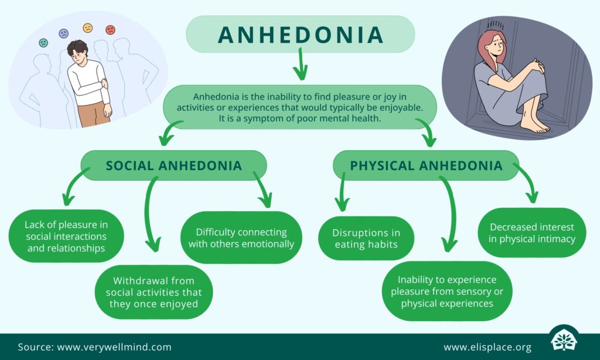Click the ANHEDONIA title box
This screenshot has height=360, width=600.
coord(300,34)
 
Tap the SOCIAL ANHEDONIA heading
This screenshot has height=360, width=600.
coord(173,165)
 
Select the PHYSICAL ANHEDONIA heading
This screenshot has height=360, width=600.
coord(426,165)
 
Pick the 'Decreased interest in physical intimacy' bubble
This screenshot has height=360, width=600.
coord(532,232)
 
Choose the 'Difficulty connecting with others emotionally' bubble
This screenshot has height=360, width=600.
coord(241,237)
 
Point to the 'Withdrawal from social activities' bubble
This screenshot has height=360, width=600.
coord(154,292)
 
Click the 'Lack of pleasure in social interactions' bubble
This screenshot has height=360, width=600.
coord(65,236)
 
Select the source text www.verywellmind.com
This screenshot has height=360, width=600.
coord(114,347)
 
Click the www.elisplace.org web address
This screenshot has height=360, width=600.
coord(487,347)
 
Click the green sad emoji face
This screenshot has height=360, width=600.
coord(43,43)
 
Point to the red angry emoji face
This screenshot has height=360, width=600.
coord(110,29)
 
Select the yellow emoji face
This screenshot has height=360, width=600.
coord(88,28)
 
